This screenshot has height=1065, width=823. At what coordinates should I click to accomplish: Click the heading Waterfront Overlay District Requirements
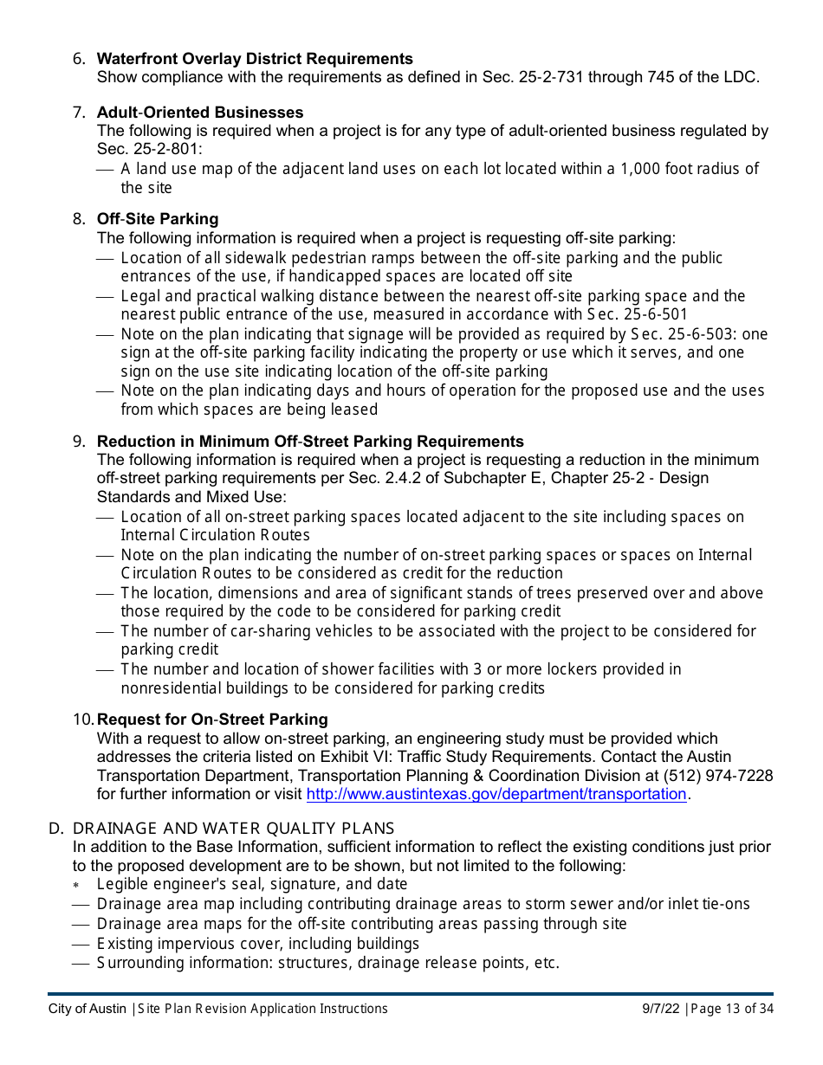tap(255, 59)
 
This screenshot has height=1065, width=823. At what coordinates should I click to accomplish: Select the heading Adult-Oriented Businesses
tap(199, 113)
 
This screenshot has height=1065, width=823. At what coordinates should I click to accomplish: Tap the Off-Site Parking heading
tap(157, 219)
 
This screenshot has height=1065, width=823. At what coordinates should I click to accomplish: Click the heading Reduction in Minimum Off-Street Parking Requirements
tap(310, 442)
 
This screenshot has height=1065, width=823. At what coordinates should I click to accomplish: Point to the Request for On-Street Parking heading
tap(211, 720)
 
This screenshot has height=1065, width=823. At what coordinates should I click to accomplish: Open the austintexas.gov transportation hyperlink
tap(496, 794)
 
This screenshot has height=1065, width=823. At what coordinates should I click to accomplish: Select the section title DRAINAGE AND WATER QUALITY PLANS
tap(233, 829)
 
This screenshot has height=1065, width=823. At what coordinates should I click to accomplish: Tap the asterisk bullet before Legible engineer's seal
tap(76, 885)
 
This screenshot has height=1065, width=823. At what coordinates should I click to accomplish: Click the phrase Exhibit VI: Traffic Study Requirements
tap(452, 758)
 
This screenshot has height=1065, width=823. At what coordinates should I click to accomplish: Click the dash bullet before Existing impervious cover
tap(81, 944)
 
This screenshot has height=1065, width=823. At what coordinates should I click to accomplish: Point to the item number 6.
tap(79, 59)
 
